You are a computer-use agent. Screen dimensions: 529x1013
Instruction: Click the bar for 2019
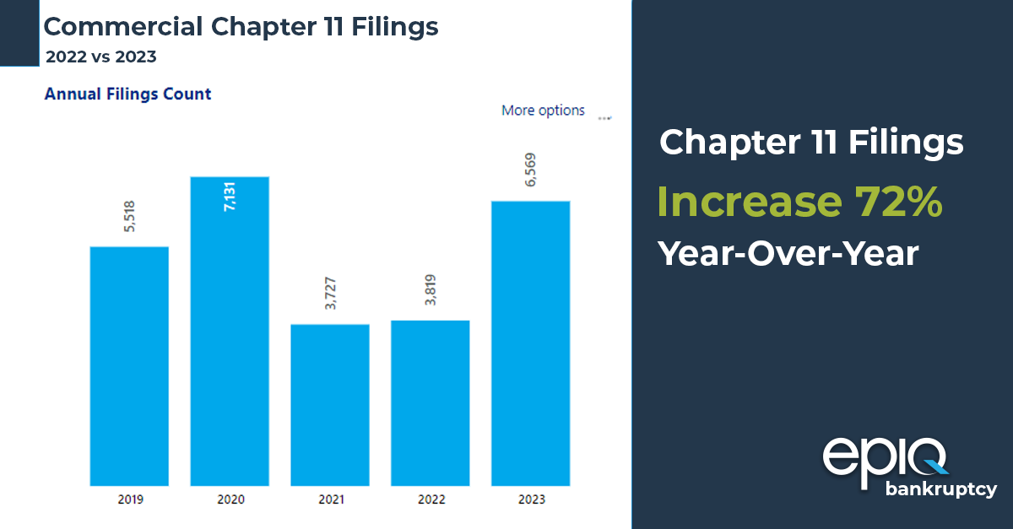[x=129, y=366]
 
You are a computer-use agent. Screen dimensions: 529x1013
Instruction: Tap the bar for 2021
[x=330, y=405]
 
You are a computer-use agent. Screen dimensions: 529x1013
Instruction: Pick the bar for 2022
[x=431, y=403]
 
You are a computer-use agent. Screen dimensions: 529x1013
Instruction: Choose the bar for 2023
[x=531, y=343]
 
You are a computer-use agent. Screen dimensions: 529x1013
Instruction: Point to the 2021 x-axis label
[x=330, y=499]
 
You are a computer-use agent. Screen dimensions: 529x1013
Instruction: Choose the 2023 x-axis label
[x=531, y=499]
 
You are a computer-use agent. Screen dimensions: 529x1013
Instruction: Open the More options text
[x=543, y=111]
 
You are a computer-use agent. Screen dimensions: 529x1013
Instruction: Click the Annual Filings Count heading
[x=127, y=94]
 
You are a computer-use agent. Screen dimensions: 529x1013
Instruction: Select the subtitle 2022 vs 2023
[x=100, y=57]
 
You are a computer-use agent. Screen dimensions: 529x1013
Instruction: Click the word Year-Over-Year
[x=788, y=252]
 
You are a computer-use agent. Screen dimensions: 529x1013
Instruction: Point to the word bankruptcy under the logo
[x=940, y=489]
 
